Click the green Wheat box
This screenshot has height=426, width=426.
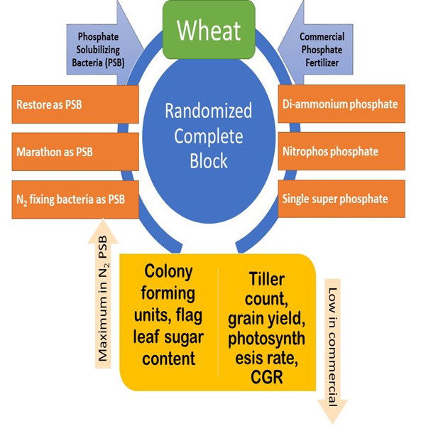click(x=209, y=30)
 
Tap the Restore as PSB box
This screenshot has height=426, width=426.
click(x=75, y=104)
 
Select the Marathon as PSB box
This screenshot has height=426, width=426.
click(x=75, y=151)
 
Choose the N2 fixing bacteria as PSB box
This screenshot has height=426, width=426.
click(x=75, y=199)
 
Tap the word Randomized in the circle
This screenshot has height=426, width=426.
click(x=208, y=111)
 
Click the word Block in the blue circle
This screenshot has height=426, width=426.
click(x=208, y=160)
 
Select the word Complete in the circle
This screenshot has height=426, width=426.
click(x=208, y=136)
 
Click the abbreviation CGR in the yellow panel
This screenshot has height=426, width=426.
click(x=267, y=376)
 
